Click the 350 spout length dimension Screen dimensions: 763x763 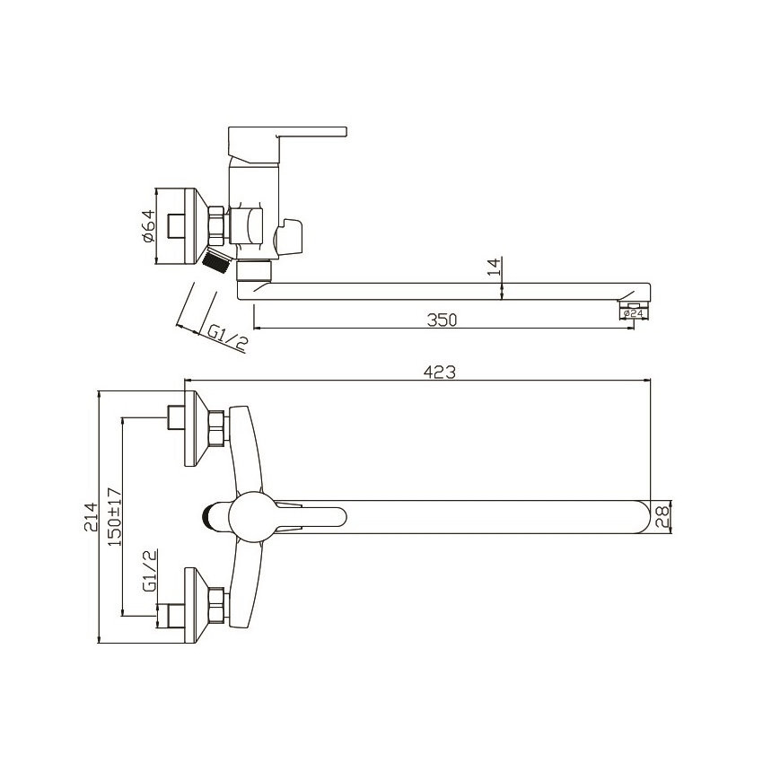(443, 320)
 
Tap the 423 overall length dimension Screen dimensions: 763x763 (440, 373)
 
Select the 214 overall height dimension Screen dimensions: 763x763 (91, 517)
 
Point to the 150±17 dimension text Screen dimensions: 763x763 (114, 516)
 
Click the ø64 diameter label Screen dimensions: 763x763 (148, 225)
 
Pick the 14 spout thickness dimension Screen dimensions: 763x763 (494, 267)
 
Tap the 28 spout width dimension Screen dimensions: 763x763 (662, 517)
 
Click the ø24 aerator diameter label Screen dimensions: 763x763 (633, 314)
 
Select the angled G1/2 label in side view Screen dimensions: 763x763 (227, 337)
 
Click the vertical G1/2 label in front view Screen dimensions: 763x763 (150, 571)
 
